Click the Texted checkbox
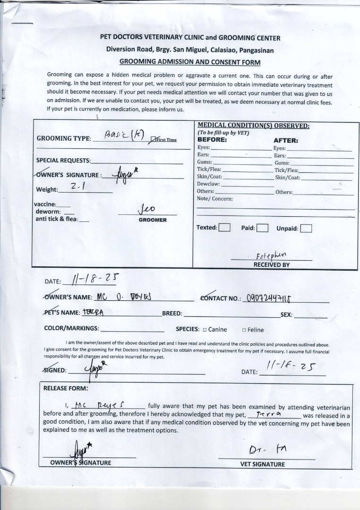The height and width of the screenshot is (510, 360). tap(224, 228)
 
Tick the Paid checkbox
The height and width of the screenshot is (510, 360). tap(262, 229)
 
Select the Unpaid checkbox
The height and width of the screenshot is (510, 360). tap(306, 229)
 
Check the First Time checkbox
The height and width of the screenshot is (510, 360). tap(153, 139)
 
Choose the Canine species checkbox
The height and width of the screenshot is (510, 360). tap(205, 330)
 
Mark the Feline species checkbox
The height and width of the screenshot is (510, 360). tap(244, 330)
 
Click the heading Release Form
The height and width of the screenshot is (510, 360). tap(66, 388)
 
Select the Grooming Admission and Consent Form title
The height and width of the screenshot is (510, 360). tap(189, 62)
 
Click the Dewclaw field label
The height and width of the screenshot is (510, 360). tap(206, 184)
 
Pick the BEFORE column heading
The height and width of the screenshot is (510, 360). tap(212, 140)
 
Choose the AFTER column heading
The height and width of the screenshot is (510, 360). tap(285, 140)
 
